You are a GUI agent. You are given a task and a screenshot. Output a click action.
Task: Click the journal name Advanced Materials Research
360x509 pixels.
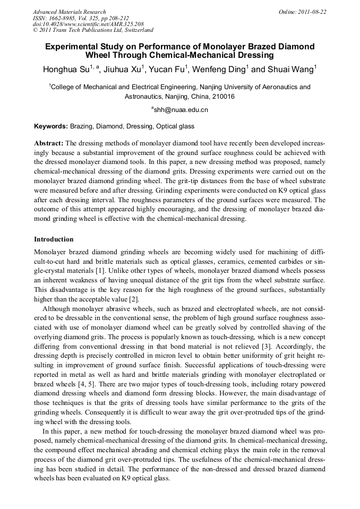[x=69, y=12]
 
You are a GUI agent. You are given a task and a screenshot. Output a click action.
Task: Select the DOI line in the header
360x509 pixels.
[x=88, y=24]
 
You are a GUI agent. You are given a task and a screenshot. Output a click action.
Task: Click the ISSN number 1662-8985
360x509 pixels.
[x=68, y=18]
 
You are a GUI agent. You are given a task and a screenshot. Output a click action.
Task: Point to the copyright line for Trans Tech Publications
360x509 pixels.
[x=93, y=30]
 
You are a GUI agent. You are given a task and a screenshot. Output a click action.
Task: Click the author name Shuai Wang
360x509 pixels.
[x=290, y=70]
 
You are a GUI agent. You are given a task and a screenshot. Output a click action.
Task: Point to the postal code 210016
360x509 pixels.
[x=222, y=97]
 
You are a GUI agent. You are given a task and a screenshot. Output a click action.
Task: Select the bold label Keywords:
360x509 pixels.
[x=51, y=126]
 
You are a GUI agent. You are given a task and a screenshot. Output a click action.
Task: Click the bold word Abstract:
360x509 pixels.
[x=49, y=143]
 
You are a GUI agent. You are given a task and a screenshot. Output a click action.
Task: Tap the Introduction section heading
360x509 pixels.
[x=54, y=239]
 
